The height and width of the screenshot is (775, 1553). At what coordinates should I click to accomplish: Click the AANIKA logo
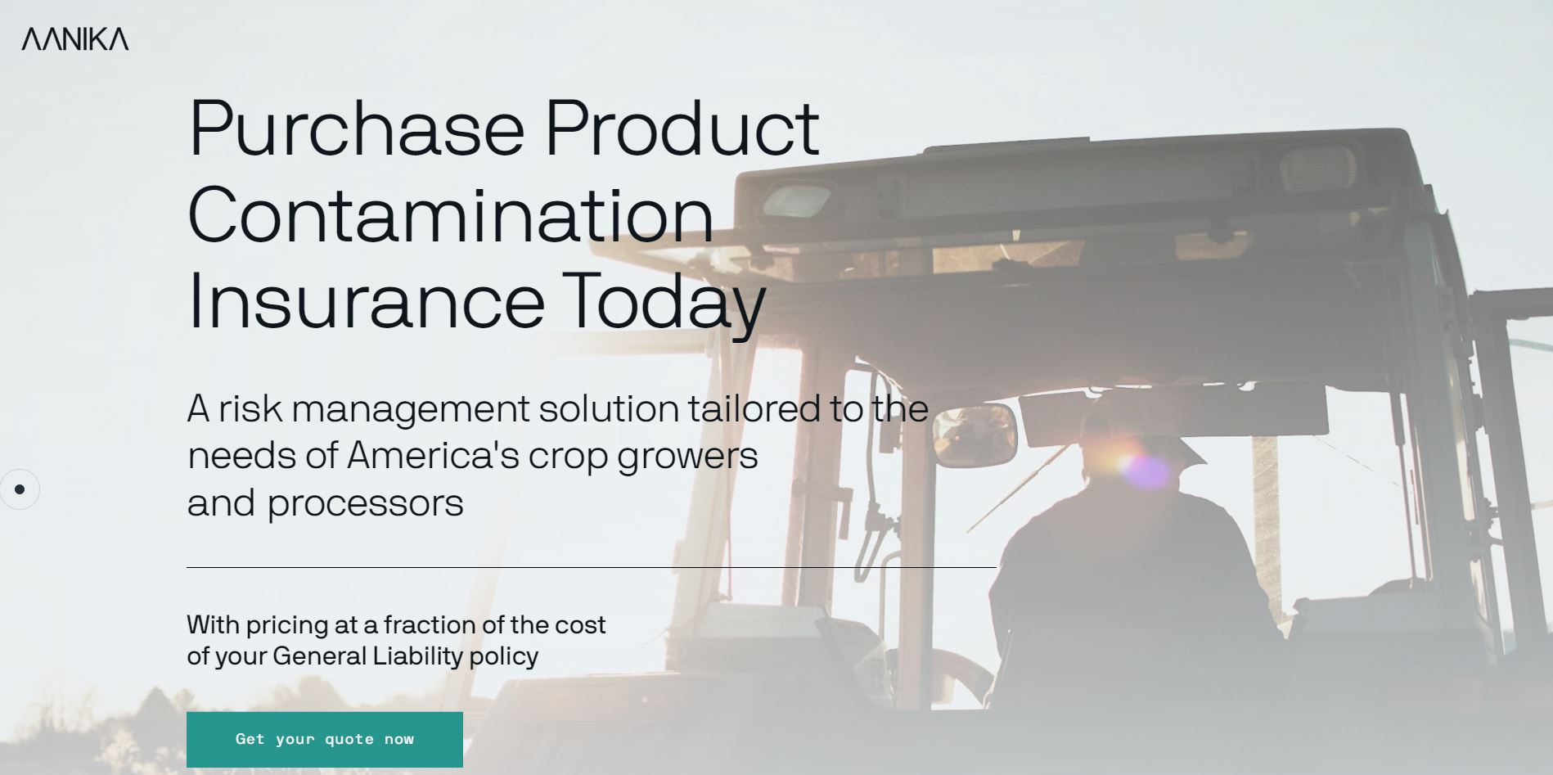click(75, 38)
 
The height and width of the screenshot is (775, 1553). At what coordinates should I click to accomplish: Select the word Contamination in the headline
click(451, 214)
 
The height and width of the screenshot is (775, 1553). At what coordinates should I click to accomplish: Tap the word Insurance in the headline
click(366, 302)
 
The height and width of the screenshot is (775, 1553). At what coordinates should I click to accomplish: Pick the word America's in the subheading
click(434, 456)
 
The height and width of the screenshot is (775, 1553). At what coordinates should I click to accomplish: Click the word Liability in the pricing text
click(417, 656)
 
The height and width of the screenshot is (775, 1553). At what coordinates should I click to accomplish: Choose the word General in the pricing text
click(319, 656)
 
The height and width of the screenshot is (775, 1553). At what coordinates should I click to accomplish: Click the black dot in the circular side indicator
click(20, 489)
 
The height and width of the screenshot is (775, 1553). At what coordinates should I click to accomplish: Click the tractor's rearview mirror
click(975, 435)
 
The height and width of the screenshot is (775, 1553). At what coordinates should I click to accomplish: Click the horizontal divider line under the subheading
click(592, 567)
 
